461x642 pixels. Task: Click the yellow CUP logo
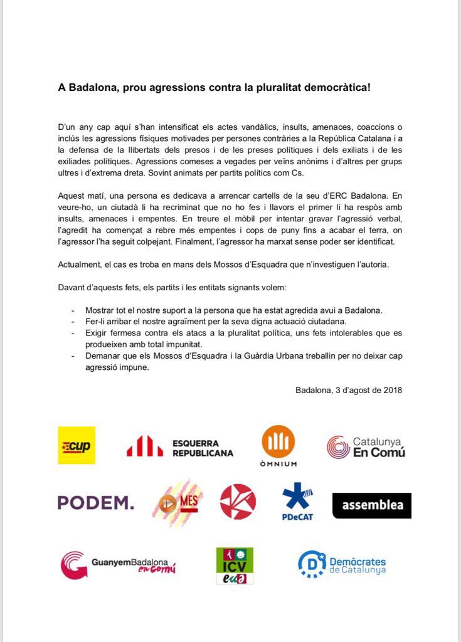click(77, 445)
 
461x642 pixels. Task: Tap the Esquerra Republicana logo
click(180, 447)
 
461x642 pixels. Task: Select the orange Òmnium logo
click(278, 445)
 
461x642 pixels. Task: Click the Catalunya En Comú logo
click(366, 447)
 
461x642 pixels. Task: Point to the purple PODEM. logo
click(95, 502)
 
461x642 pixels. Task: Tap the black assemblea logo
click(371, 505)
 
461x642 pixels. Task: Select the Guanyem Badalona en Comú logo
click(118, 565)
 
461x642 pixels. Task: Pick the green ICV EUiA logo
click(235, 566)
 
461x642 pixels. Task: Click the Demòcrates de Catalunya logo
click(342, 563)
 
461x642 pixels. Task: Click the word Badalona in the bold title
click(94, 87)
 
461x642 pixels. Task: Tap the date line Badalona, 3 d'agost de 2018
click(349, 390)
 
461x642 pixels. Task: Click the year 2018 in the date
click(393, 390)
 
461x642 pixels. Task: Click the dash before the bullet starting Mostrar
click(73, 310)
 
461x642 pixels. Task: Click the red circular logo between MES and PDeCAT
click(238, 502)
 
